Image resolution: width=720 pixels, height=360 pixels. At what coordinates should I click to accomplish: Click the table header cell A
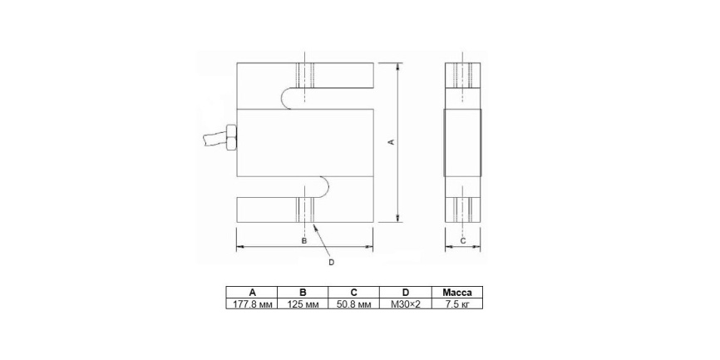pyautogui.click(x=252, y=292)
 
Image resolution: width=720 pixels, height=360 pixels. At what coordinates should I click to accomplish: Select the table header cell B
pyautogui.click(x=303, y=292)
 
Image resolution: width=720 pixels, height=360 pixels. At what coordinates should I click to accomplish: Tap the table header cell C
pyautogui.click(x=353, y=292)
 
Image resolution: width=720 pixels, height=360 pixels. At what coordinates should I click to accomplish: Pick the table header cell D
pyautogui.click(x=405, y=292)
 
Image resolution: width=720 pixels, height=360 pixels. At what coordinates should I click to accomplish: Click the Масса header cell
pyautogui.click(x=457, y=292)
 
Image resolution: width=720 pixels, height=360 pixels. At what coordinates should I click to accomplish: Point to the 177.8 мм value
pyautogui.click(x=252, y=303)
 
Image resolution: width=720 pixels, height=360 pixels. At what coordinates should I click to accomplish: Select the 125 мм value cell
pyautogui.click(x=303, y=303)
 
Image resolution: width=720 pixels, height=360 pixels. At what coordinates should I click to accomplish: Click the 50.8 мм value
pyautogui.click(x=353, y=303)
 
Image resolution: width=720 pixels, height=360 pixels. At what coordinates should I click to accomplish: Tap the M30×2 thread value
pyautogui.click(x=405, y=303)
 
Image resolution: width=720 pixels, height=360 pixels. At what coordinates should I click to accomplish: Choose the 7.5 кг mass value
pyautogui.click(x=457, y=303)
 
